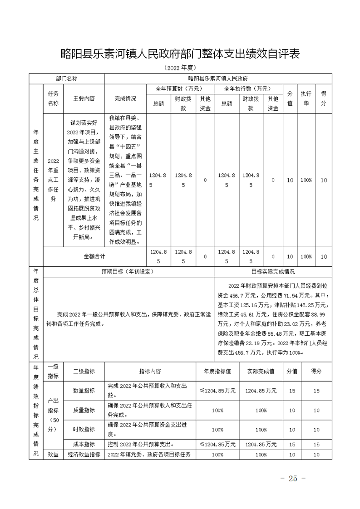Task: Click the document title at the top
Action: pos(180,54)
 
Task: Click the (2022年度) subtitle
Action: pos(180,68)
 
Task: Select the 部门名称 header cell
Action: pos(67,78)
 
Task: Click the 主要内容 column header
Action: pos(84,98)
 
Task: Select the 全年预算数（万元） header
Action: pos(179,88)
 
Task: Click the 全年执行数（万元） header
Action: pos(248,88)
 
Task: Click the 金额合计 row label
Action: pos(94,256)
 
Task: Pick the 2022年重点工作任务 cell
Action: pos(54,180)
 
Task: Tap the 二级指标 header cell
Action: pos(84,371)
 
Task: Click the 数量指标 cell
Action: pos(84,391)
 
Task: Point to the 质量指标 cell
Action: pos(84,410)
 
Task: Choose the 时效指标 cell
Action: pos(84,430)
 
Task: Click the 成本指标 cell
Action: pos(84,445)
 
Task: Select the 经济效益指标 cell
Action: pos(84,455)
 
